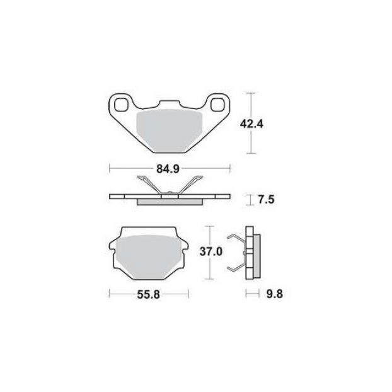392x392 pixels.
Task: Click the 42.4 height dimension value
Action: point(251,124)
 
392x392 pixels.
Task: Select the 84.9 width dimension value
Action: point(168,170)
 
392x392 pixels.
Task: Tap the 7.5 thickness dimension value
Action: point(266,200)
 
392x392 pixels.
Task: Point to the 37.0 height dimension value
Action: point(211,251)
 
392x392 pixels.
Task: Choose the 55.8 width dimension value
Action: point(149,295)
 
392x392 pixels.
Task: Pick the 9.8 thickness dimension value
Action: point(275,294)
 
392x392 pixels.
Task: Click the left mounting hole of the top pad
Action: point(121,105)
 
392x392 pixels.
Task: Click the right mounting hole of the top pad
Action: point(218,105)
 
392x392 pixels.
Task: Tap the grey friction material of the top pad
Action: point(170,130)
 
